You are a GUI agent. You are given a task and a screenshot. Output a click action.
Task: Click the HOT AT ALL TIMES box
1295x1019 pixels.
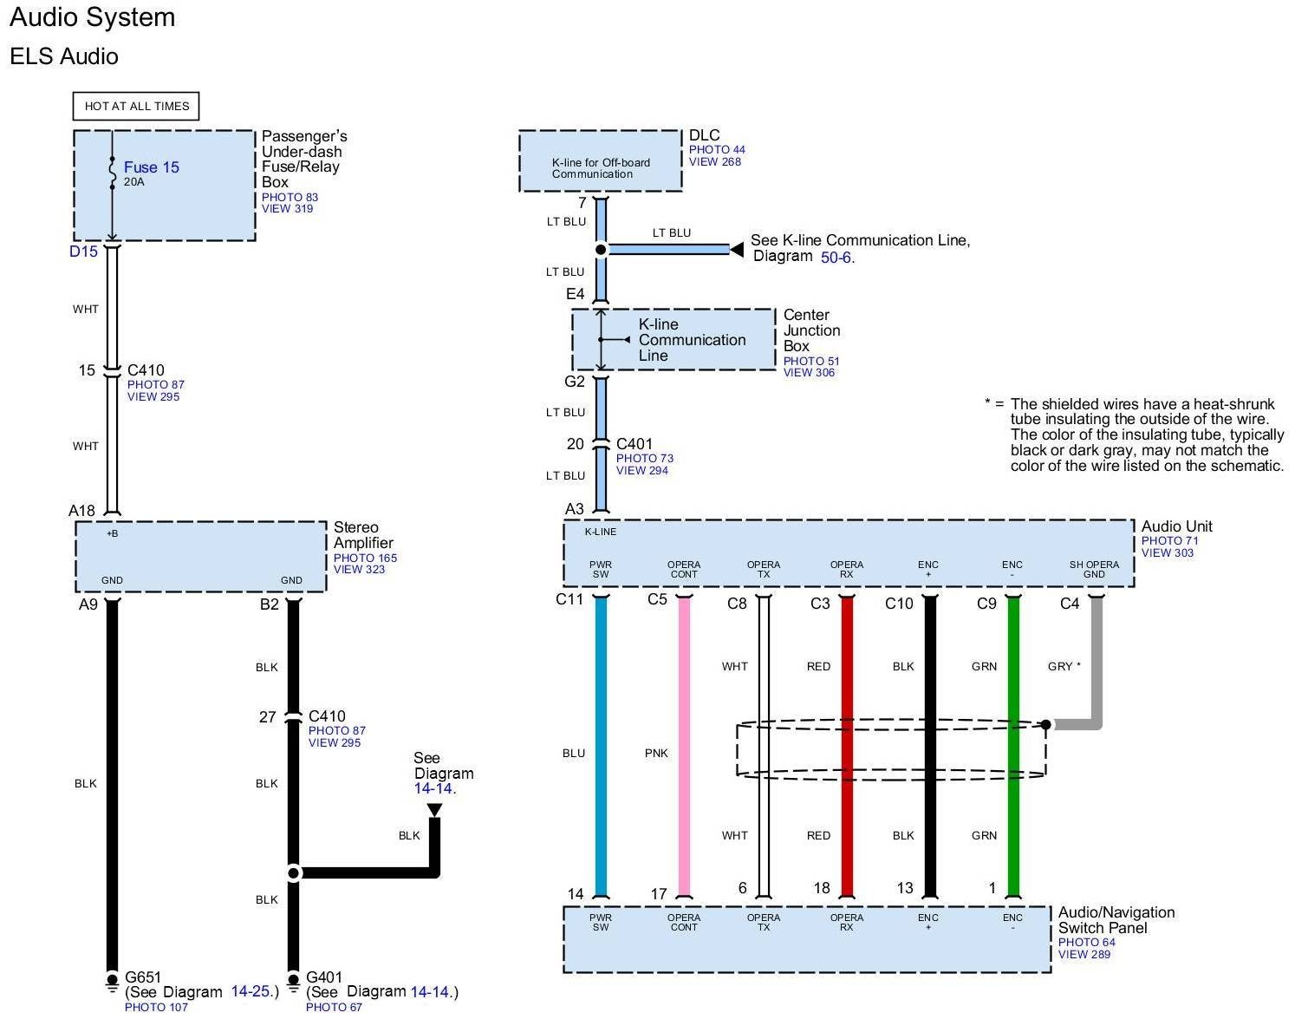tap(136, 106)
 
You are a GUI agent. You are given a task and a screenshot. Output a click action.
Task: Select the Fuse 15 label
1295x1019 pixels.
tap(152, 167)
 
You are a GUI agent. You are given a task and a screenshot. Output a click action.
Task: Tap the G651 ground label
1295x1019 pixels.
tap(143, 977)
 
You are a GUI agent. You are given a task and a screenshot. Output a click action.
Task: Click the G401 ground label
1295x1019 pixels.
tap(325, 977)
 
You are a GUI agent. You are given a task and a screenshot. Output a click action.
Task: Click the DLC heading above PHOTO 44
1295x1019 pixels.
tap(704, 135)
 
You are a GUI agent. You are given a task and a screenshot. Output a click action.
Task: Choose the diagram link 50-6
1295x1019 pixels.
tap(836, 258)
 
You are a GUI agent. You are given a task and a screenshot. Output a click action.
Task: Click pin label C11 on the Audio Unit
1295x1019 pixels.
tap(569, 599)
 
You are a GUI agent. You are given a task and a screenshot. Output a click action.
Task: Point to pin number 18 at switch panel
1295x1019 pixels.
tap(822, 888)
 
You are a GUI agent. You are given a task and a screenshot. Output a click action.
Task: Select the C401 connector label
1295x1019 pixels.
tap(634, 444)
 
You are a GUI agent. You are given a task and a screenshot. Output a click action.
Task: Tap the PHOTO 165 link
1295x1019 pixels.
tap(365, 558)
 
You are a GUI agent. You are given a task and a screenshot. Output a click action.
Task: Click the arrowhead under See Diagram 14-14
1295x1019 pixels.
tap(434, 810)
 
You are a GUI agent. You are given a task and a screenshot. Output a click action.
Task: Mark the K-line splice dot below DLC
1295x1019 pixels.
tap(601, 250)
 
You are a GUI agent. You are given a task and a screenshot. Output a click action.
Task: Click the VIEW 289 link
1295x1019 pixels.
tap(1084, 954)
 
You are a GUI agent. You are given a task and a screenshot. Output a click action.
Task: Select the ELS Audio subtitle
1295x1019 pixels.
tap(64, 56)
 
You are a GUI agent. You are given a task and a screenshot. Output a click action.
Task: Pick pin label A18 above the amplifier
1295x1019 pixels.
tap(81, 511)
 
